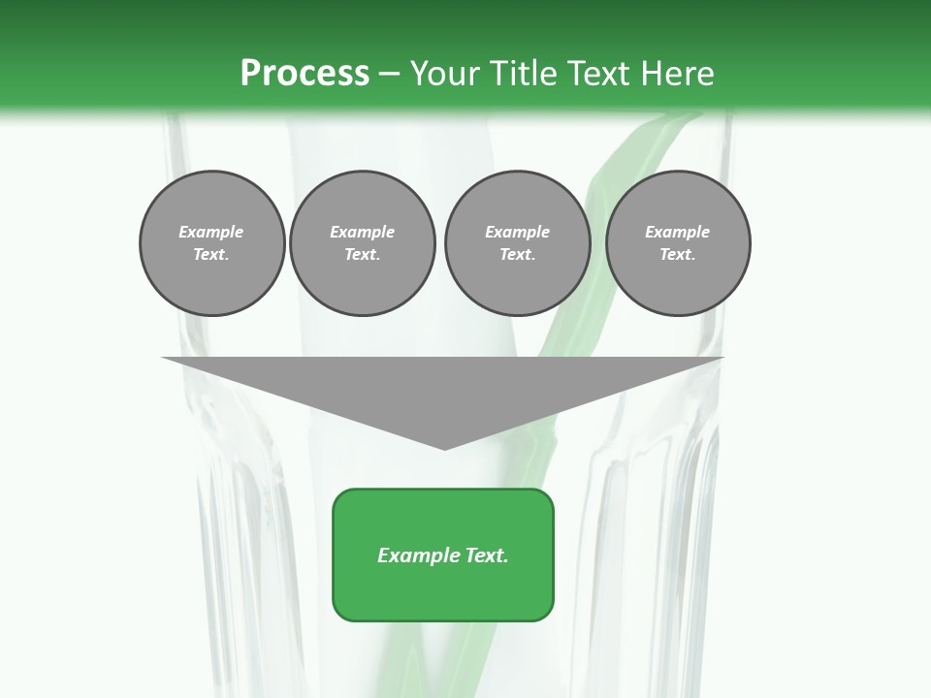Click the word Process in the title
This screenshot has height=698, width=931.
(x=305, y=74)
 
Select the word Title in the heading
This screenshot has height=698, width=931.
(x=528, y=74)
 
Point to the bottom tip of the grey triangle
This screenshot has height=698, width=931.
(x=444, y=448)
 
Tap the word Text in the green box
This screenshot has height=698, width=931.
(x=486, y=555)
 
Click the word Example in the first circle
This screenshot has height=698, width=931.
(x=211, y=232)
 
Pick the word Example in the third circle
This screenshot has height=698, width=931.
(x=517, y=232)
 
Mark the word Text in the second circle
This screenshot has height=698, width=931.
(x=361, y=254)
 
